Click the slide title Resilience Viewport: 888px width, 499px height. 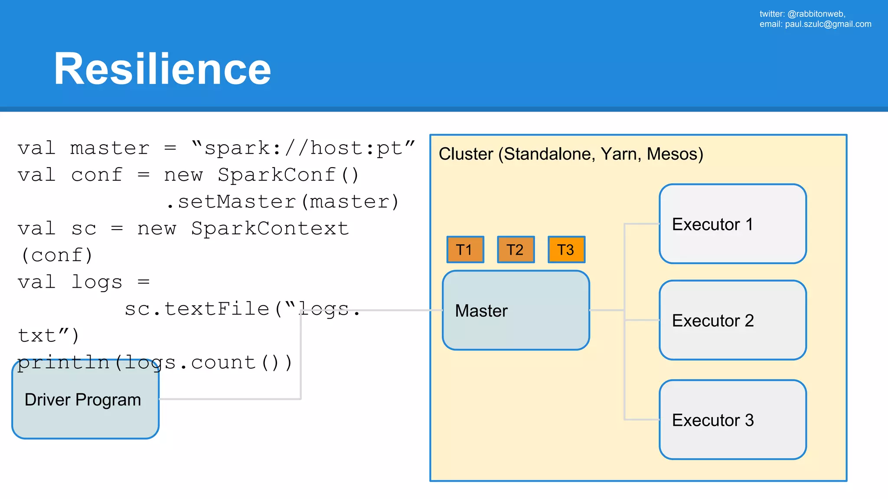click(162, 69)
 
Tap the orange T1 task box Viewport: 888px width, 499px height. click(465, 249)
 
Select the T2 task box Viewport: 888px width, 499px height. click(516, 249)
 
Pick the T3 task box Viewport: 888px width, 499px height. click(566, 249)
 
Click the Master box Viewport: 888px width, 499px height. click(516, 310)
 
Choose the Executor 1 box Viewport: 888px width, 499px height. click(732, 224)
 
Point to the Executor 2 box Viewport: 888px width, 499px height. click(732, 320)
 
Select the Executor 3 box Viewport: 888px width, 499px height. click(732, 420)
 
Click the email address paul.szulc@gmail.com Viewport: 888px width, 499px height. click(828, 24)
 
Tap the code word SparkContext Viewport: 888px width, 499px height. click(270, 229)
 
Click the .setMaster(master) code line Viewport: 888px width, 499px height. click(282, 202)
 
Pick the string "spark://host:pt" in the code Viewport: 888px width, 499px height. click(303, 149)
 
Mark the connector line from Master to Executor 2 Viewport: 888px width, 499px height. click(642, 320)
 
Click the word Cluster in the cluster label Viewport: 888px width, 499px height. click(466, 154)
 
